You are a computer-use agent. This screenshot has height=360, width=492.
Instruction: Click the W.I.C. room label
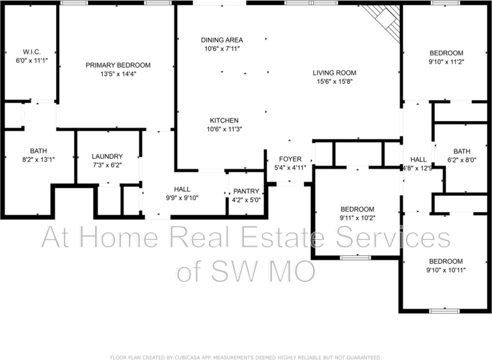coord(31,51)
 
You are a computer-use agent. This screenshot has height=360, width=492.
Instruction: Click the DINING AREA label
coord(221,40)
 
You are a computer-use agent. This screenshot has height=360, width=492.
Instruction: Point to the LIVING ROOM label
coord(335,73)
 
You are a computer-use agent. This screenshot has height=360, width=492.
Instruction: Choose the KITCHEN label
coord(223,120)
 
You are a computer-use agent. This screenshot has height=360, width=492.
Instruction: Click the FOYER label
coord(290,159)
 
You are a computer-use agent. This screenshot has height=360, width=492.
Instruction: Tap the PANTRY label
coord(245,191)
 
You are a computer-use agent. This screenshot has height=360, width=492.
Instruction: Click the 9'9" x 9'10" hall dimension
coord(182,198)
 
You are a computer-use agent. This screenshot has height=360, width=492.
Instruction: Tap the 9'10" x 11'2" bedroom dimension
coord(446,62)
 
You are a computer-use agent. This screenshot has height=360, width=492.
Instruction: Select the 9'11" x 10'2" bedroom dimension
coord(357,217)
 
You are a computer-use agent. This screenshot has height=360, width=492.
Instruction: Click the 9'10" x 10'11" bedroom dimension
coord(446,270)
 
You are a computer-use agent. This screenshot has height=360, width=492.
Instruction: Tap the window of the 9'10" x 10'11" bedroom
coord(446,311)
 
